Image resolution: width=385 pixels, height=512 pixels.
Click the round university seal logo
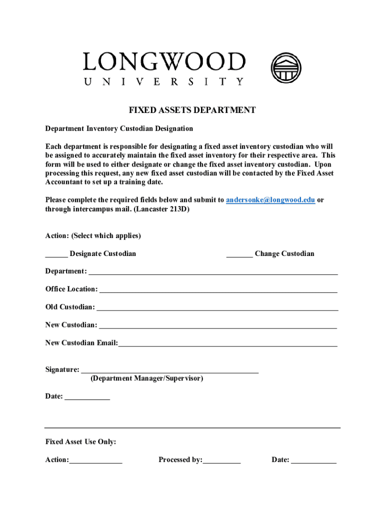coord(286,67)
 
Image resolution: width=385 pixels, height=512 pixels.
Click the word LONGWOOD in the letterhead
coord(164,62)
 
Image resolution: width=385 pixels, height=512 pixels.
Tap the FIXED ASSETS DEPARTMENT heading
coord(192,110)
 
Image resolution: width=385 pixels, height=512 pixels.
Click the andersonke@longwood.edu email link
coord(270,200)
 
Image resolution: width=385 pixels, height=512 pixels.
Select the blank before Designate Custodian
coord(56,254)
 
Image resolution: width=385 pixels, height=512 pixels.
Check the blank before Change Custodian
coord(239,254)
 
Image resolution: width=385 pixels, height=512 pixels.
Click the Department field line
coord(213,272)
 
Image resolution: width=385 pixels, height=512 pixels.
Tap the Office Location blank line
coord(218,290)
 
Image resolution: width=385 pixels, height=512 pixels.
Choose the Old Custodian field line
coord(217,308)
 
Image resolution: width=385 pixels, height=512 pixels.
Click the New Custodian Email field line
coord(228,344)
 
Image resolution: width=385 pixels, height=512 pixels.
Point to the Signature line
coord(169,371)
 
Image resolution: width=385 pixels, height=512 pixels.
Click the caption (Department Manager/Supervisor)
coord(147,379)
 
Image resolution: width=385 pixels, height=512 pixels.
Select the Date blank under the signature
coord(87,397)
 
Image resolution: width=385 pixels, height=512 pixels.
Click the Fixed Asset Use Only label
coord(80,442)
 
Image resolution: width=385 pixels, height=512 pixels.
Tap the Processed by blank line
coord(221,461)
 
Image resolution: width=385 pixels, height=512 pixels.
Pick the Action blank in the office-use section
coord(95,461)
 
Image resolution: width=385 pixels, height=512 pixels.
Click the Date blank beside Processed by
coord(313,461)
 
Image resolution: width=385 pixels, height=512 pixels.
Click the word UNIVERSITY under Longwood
coord(164,82)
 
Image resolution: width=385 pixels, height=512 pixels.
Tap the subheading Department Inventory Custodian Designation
coord(119,129)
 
